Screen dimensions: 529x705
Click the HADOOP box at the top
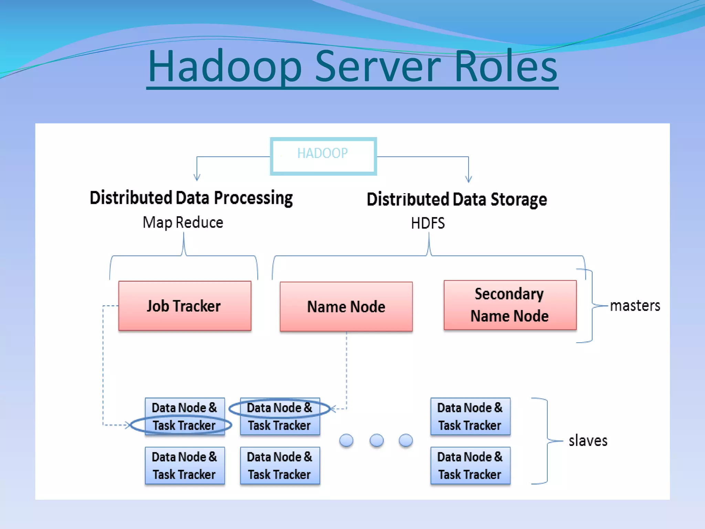pos(323,156)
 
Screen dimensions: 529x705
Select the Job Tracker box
pos(185,306)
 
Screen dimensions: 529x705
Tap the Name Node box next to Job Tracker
pos(346,307)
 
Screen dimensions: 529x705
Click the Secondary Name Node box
pos(510,305)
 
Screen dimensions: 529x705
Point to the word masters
pos(635,306)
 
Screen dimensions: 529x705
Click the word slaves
pos(588,441)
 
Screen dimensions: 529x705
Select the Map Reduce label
pos(183,222)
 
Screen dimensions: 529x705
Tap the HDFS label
pos(428,223)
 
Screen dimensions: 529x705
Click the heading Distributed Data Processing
pos(191,198)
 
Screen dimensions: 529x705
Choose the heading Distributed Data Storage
pos(456,199)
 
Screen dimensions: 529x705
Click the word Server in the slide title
pos(378,66)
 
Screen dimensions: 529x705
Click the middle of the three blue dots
pos(376,440)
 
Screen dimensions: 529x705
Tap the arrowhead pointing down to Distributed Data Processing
pos(197,178)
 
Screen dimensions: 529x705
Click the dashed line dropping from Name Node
pos(346,369)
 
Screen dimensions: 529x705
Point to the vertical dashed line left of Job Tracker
pos(103,365)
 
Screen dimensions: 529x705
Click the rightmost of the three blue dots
pos(406,440)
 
